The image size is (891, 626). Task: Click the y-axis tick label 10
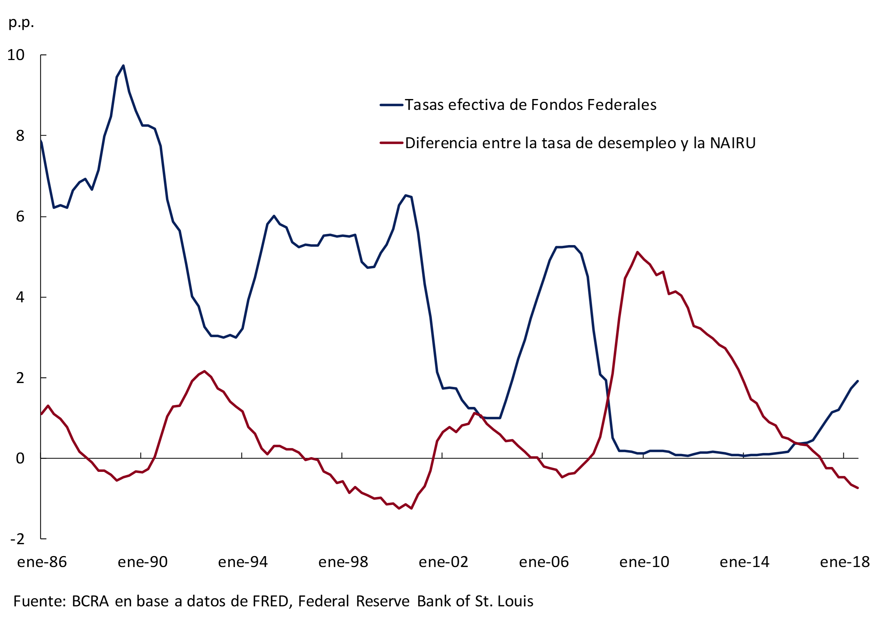tap(16, 55)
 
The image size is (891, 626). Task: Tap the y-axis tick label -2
tap(18, 539)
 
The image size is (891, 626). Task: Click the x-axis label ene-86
tap(42, 562)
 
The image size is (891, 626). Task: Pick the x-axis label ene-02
tap(443, 562)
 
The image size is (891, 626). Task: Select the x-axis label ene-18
tap(845, 562)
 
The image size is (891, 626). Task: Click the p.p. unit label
tap(21, 22)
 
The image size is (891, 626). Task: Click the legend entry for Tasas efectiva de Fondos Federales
tap(530, 105)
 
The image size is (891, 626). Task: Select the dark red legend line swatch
tap(391, 143)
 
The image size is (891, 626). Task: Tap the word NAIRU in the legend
tap(733, 143)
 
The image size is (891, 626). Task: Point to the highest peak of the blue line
tap(123, 66)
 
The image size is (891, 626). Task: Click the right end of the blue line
tap(857, 381)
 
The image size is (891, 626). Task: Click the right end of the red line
tap(857, 488)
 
